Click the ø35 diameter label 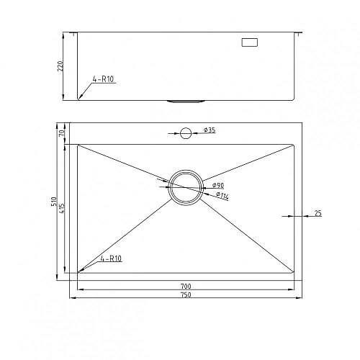pos(210,130)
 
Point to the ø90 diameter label pos(217,186)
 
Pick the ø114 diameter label pos(221,196)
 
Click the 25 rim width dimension pos(318,213)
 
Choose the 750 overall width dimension pos(186,295)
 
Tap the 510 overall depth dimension pos(54,204)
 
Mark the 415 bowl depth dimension pos(63,208)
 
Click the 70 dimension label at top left pos(63,132)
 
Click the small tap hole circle pos(185,132)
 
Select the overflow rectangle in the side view pos(249,43)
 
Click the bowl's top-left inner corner pos(78,144)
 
